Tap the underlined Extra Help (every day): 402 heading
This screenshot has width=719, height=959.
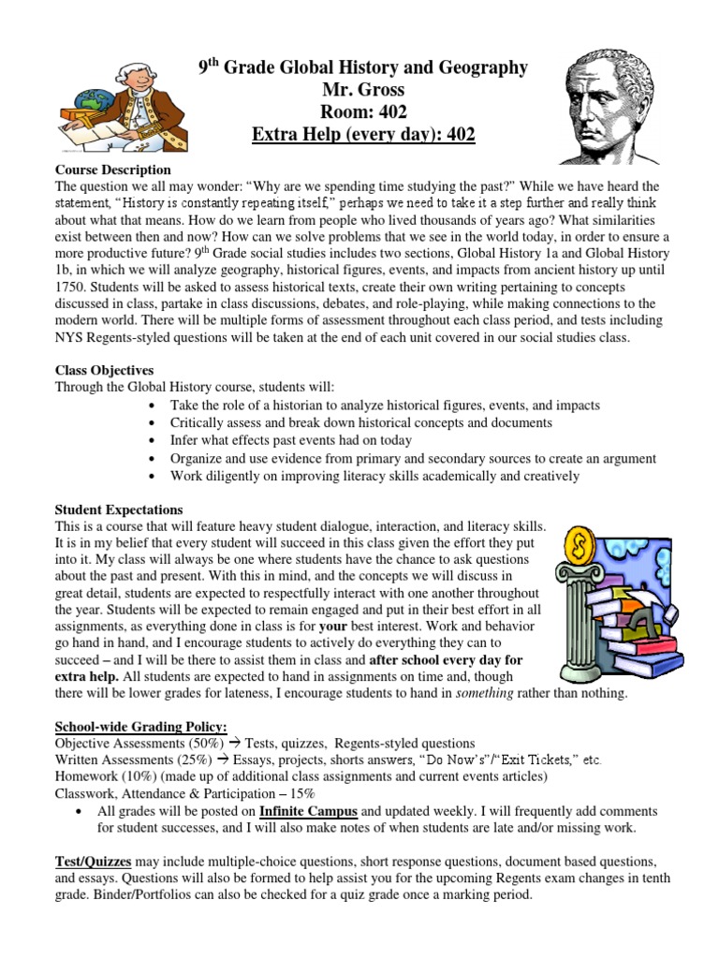pyautogui.click(x=363, y=136)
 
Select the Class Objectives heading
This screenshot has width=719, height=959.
pyautogui.click(x=104, y=371)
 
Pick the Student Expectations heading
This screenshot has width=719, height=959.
pyautogui.click(x=119, y=510)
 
